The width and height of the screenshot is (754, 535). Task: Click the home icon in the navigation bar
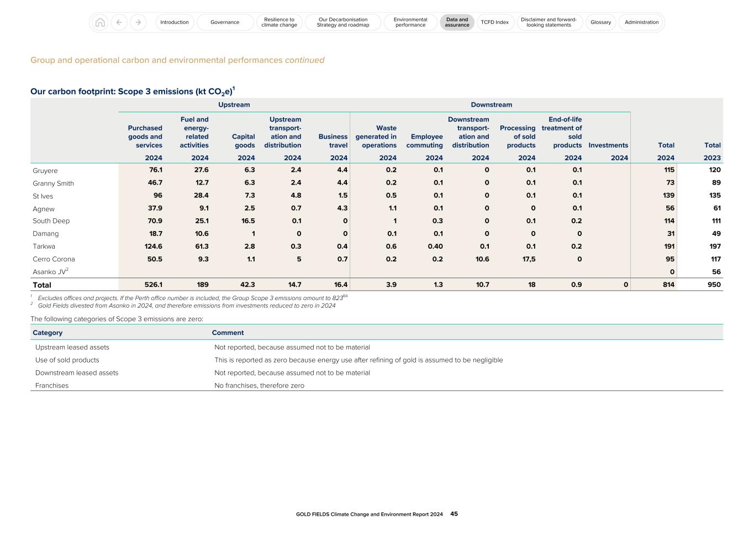coord(100,22)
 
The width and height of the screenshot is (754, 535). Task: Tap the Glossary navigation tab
coord(600,22)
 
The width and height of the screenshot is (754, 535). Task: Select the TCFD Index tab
coord(494,22)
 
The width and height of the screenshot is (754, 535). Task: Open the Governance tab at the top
coord(225,22)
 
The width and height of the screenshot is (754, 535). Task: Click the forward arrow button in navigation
coord(138,22)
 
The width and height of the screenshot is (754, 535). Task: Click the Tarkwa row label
coord(44,246)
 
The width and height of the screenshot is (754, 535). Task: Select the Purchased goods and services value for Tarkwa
coord(152,246)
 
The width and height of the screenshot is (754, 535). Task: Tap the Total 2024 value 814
coord(668,285)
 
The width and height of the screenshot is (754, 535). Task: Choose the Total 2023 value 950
coord(714,285)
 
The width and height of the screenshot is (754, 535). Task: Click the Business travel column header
coord(333,141)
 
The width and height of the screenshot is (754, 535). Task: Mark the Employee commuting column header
coord(424,141)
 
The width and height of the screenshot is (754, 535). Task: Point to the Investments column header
coord(608,145)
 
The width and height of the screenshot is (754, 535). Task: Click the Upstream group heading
coord(234,105)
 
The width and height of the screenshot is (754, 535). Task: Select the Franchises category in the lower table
coord(52,386)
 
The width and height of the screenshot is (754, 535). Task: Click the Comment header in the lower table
coord(228,333)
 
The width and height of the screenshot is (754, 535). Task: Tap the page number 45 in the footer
coord(454,514)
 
